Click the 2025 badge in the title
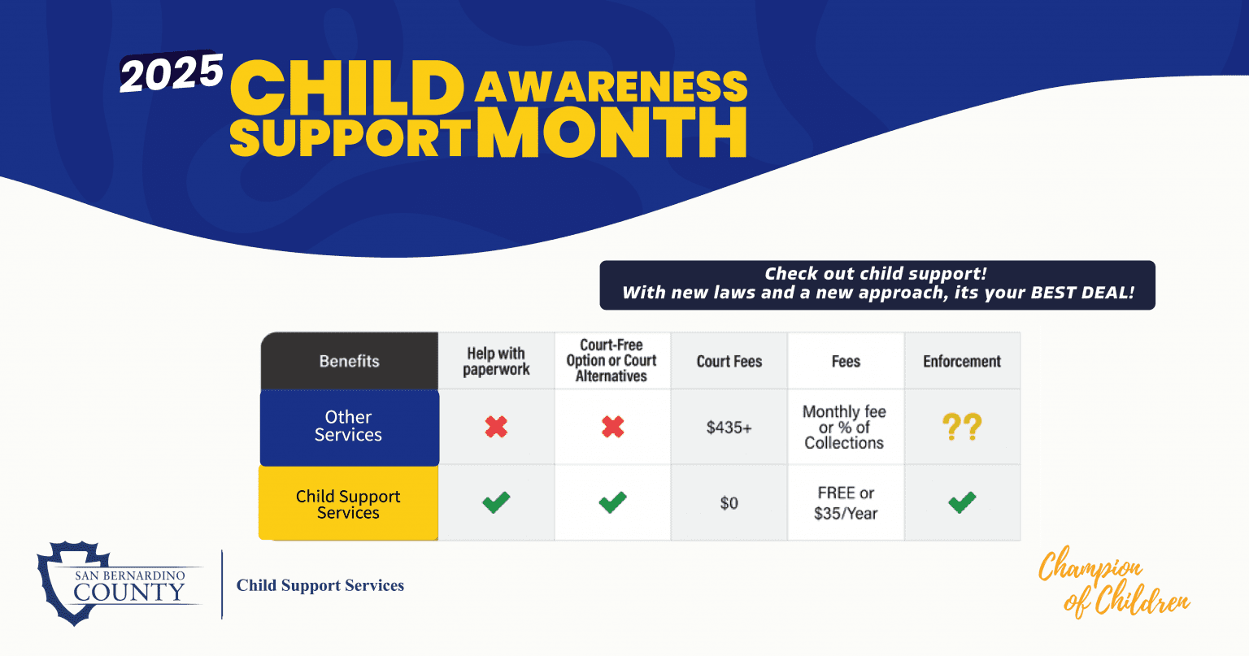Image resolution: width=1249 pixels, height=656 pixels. click(172, 73)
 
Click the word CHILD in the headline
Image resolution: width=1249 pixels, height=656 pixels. click(347, 87)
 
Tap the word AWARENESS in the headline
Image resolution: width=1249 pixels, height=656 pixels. click(611, 87)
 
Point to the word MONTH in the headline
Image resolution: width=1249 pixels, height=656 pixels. click(611, 133)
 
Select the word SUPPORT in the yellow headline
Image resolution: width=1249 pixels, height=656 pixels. click(350, 138)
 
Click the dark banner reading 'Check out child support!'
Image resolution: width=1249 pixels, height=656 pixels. click(877, 285)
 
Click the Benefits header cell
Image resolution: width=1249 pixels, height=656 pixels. click(349, 361)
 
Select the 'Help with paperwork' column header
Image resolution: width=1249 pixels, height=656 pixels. click(496, 361)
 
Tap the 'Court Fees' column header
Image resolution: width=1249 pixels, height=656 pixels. click(729, 362)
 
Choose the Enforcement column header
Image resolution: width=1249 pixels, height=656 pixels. click(962, 362)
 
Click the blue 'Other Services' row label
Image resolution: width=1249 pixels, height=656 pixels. click(349, 427)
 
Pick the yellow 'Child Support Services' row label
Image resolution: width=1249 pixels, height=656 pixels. click(348, 504)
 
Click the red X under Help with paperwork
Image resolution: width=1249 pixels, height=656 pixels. click(496, 427)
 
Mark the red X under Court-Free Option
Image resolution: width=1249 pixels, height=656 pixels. click(612, 427)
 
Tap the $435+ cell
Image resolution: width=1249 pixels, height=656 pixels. click(729, 428)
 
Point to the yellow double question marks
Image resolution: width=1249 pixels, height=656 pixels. click(962, 427)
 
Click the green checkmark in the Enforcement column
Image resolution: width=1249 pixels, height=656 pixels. click(962, 503)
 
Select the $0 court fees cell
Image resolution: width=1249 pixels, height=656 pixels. click(729, 503)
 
